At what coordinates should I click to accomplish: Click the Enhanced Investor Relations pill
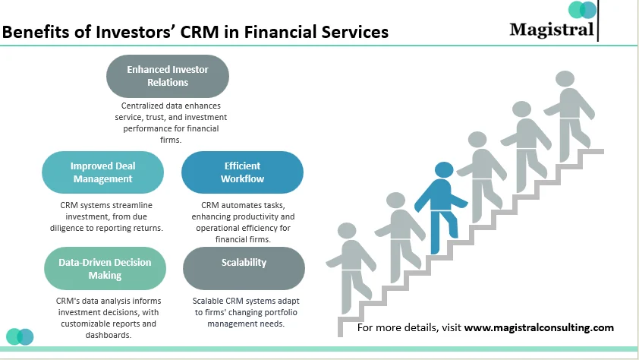coord(168,76)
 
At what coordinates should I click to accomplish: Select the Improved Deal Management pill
coord(102,172)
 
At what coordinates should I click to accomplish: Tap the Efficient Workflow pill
coord(242,172)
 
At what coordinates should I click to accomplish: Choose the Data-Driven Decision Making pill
coord(105,269)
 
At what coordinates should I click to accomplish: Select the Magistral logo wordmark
coord(552,30)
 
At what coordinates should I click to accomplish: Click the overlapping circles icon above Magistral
coord(583,11)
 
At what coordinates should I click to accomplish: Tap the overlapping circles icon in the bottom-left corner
coord(20,336)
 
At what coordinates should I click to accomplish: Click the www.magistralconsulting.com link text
coord(538,328)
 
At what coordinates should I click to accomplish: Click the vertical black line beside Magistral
coord(599,21)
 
